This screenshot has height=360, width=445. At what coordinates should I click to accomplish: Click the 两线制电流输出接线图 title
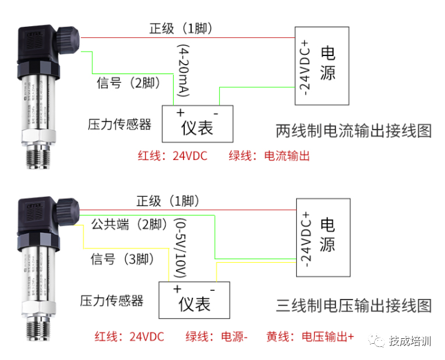coord(353,131)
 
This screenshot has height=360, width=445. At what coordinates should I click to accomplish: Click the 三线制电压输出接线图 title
coord(353,305)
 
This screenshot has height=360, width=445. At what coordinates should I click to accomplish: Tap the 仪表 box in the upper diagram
coord(197,124)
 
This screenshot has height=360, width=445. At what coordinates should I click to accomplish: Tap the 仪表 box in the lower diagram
coord(194,300)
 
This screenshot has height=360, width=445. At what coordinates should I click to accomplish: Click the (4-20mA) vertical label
coord(184,70)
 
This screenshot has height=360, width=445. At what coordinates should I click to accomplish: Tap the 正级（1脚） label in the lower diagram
coord(168,201)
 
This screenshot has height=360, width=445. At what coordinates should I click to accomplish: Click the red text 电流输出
coord(288,156)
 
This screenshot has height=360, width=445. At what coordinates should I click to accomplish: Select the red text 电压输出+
coord(327,337)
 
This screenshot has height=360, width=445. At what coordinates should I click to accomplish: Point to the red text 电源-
coord(234,337)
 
